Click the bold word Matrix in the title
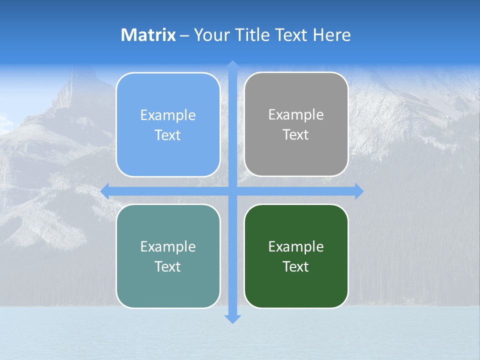148,35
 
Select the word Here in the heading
332,35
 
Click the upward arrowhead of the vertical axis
232,64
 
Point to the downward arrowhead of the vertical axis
232,318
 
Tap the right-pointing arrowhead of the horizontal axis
359,191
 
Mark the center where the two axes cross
232,191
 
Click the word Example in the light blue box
168,115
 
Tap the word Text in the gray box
296,135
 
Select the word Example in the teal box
168,247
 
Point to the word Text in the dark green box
296,266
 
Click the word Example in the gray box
296,115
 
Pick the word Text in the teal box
168,266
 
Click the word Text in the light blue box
168,135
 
